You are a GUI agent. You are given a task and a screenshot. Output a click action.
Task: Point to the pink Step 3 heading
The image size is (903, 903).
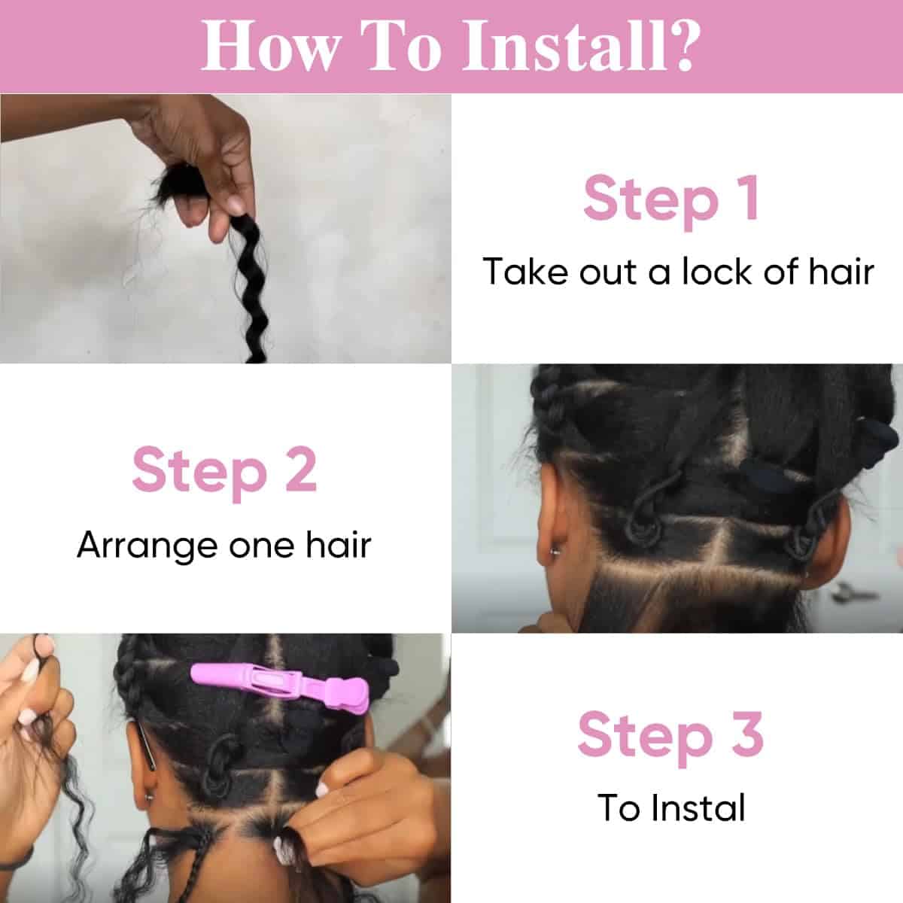click(x=670, y=734)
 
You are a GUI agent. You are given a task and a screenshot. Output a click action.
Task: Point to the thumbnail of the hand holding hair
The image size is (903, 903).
click(x=226, y=228)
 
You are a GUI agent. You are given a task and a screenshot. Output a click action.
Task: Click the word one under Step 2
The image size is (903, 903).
click(x=263, y=544)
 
